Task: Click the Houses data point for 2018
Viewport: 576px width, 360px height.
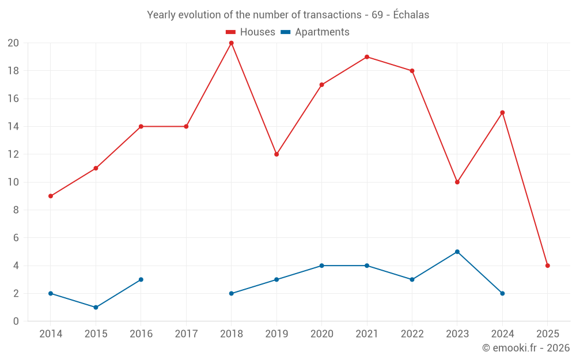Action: pyautogui.click(x=231, y=43)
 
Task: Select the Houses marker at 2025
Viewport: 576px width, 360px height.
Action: pyautogui.click(x=547, y=266)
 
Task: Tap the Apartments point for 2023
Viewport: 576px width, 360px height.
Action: pyautogui.click(x=457, y=252)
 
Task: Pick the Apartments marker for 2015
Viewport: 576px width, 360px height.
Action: pyautogui.click(x=96, y=308)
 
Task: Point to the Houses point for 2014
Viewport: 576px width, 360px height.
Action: pyautogui.click(x=51, y=196)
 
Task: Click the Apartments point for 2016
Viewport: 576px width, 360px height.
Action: pyautogui.click(x=141, y=279)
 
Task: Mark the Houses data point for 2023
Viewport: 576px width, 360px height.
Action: pyautogui.click(x=457, y=182)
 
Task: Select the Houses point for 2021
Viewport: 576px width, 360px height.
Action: pyautogui.click(x=367, y=57)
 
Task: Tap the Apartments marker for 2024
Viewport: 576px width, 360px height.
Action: pyautogui.click(x=502, y=293)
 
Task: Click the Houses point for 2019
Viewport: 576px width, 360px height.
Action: pyautogui.click(x=276, y=154)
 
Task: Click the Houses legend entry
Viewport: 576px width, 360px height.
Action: pyautogui.click(x=250, y=32)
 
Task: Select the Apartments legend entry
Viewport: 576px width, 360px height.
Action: pyautogui.click(x=315, y=32)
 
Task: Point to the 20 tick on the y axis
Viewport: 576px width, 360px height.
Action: pyautogui.click(x=13, y=43)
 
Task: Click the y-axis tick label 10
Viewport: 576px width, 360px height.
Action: pyautogui.click(x=13, y=182)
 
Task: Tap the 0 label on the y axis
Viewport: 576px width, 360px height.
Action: pyautogui.click(x=16, y=321)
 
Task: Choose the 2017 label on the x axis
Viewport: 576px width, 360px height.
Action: pyautogui.click(x=186, y=334)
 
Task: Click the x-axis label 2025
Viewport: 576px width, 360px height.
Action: pyautogui.click(x=547, y=334)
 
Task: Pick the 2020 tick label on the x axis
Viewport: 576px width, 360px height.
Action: pyautogui.click(x=321, y=334)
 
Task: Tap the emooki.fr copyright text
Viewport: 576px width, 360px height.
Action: pyautogui.click(x=526, y=348)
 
